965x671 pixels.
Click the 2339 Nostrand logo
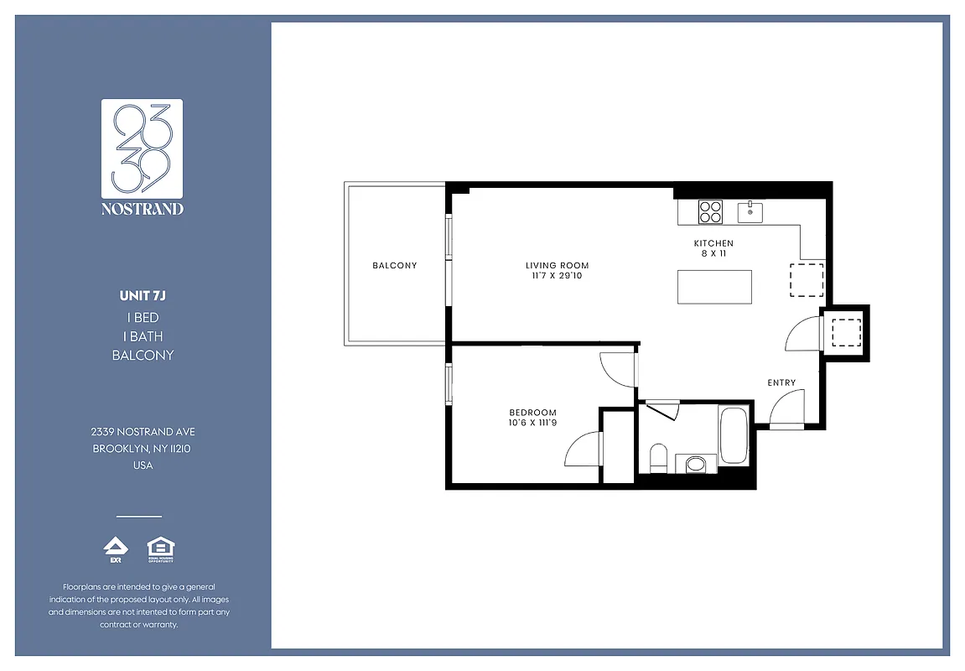coord(142,157)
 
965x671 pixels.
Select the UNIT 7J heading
coord(143,295)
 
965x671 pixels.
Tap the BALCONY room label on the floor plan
coord(394,266)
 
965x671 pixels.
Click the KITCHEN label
coord(713,244)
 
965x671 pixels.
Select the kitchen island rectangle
coord(714,287)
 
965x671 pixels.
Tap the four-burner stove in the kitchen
coord(711,211)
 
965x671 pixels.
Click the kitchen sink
coord(750,212)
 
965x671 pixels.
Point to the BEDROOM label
coord(532,412)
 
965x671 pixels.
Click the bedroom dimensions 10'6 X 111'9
coord(532,422)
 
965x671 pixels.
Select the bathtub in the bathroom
coord(734,434)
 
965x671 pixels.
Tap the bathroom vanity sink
coord(696,463)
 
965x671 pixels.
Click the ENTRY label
coord(781,382)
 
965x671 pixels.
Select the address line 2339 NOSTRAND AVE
coord(143,431)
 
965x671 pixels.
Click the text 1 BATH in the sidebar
coord(143,336)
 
